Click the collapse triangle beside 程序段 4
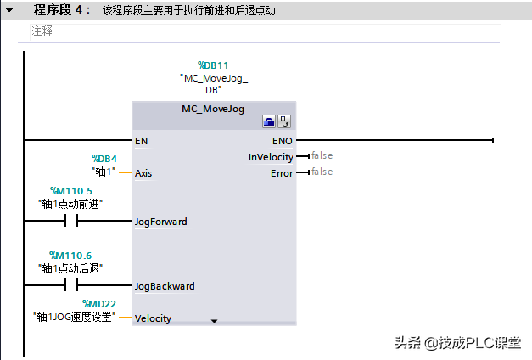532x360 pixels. [x=9, y=10]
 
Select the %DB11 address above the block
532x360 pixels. [x=213, y=65]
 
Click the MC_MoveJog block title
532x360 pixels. [x=213, y=109]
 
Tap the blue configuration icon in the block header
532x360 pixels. [x=269, y=121]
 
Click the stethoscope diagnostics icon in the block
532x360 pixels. [x=284, y=121]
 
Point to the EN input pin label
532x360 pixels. [x=141, y=141]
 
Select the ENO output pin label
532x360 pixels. [x=282, y=141]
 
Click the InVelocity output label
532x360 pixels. [x=271, y=157]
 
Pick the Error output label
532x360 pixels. [x=282, y=173]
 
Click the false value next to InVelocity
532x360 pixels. [x=322, y=155]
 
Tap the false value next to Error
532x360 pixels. [x=322, y=172]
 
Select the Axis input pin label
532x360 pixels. [x=143, y=173]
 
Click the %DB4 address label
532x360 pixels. [x=104, y=159]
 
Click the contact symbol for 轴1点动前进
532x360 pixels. [x=71, y=221]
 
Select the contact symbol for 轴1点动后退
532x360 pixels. [x=71, y=285]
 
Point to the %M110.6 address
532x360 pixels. [x=70, y=256]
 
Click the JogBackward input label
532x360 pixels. [x=165, y=286]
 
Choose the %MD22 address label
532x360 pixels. [x=99, y=304]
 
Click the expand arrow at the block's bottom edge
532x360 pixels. [x=214, y=321]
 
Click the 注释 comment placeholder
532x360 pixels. [x=42, y=31]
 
